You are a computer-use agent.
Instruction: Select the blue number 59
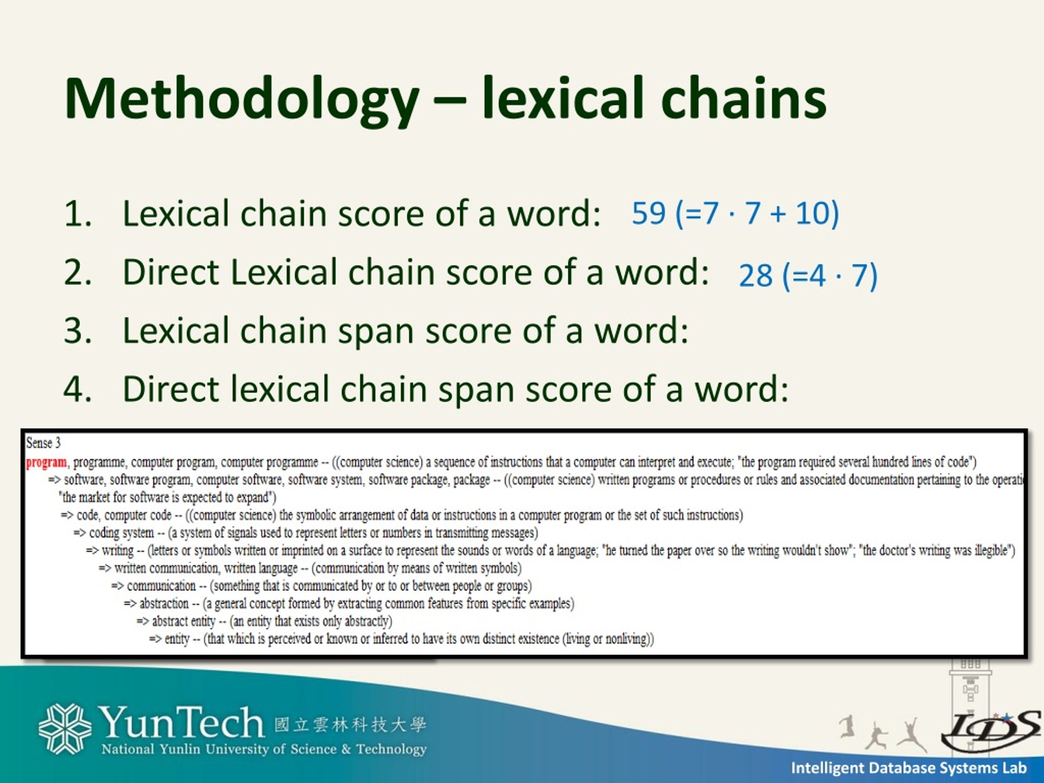click(648, 213)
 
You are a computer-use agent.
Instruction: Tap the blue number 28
click(755, 276)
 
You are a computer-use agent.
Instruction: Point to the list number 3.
click(77, 330)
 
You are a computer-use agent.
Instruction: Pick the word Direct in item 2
click(170, 272)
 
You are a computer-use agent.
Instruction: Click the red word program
click(46, 462)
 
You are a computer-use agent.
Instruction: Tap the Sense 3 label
click(43, 443)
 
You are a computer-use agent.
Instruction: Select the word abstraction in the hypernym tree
click(164, 604)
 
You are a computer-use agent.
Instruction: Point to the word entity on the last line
click(177, 639)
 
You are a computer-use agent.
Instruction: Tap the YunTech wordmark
click(180, 722)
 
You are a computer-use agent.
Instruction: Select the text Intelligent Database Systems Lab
click(909, 768)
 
